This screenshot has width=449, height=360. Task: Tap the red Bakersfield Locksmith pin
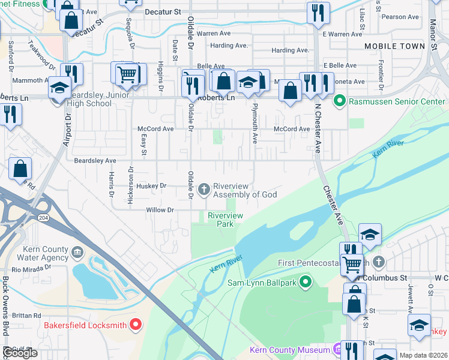[136, 326]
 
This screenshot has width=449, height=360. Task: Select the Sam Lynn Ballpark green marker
[306, 281]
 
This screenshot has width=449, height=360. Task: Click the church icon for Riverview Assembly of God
[204, 190]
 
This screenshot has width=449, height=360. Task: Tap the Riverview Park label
[225, 220]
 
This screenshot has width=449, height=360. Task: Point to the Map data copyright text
[424, 355]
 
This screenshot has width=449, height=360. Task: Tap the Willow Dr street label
[160, 210]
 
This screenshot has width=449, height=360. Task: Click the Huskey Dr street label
[151, 186]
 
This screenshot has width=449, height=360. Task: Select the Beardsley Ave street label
[95, 161]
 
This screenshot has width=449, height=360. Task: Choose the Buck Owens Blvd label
[6, 312]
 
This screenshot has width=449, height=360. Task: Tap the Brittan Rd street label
[26, 315]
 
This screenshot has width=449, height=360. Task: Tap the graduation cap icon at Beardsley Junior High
[59, 89]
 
